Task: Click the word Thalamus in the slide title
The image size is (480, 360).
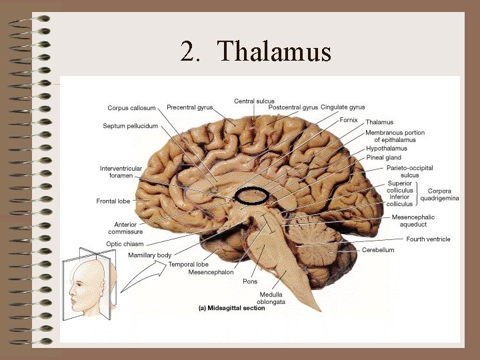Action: coord(274,52)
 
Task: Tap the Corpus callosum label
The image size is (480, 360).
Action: coord(131,108)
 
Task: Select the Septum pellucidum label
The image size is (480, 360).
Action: coord(130,126)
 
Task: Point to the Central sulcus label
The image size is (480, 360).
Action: coord(254,101)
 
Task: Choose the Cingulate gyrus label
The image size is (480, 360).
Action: coord(343,107)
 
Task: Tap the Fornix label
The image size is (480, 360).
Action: coord(349,121)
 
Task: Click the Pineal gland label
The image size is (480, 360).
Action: coord(383,158)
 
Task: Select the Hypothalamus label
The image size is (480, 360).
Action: coord(387,149)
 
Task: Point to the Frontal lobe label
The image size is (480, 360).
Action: coord(113,201)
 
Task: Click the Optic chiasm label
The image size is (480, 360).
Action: coord(125,244)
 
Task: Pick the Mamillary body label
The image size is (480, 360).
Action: coord(149,255)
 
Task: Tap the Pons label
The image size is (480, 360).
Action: coord(250,281)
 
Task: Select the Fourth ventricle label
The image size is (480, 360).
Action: coord(428,239)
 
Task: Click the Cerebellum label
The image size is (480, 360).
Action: coord(378,250)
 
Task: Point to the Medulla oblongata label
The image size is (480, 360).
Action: coord(272,298)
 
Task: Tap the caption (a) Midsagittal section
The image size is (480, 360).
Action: coord(231,308)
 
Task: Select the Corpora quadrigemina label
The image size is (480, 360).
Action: coord(439,195)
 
